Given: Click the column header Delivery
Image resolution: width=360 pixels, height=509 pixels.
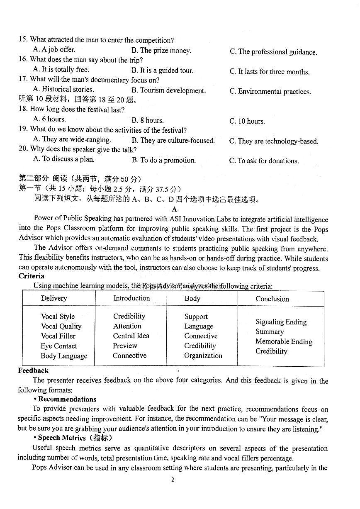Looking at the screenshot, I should pos(54,298).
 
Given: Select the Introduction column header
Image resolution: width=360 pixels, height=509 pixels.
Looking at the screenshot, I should pos(131,298).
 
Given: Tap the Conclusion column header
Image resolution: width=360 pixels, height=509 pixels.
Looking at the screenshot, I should pos(272,299).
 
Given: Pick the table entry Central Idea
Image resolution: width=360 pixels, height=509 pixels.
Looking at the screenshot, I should pos(131,336).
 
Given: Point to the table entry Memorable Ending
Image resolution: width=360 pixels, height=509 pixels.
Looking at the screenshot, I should pos(284,342).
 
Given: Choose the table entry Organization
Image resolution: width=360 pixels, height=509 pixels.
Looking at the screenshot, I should pos(203,356).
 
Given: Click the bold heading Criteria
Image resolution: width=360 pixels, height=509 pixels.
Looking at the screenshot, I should pos(32,276).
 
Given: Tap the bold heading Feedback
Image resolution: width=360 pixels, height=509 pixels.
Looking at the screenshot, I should pos(33,371).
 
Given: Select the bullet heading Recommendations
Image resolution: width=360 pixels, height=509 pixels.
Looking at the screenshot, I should pos(67,399).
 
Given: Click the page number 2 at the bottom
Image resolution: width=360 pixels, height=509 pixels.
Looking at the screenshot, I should pos(173,480).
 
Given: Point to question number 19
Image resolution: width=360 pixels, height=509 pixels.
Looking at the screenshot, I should pos(23,129).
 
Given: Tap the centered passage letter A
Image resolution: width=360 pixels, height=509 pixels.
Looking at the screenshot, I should pos(174,209).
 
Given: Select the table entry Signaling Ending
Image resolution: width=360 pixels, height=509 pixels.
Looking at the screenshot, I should pos(281,322).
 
